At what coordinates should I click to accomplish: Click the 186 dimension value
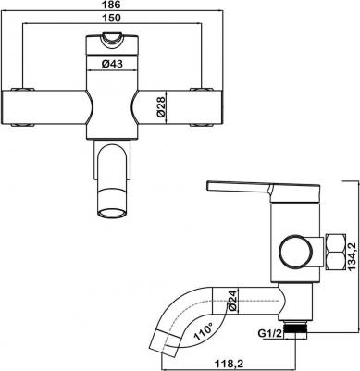coord(111,5)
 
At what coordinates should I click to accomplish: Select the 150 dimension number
coord(111,18)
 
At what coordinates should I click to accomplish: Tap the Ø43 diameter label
coord(112,64)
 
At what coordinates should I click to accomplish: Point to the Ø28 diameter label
coord(161,107)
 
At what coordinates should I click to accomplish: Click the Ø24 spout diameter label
coord(232,300)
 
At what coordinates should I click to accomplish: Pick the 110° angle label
coord(204,330)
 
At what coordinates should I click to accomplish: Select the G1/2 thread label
coord(270,333)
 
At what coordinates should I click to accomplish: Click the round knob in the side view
coord(297,251)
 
